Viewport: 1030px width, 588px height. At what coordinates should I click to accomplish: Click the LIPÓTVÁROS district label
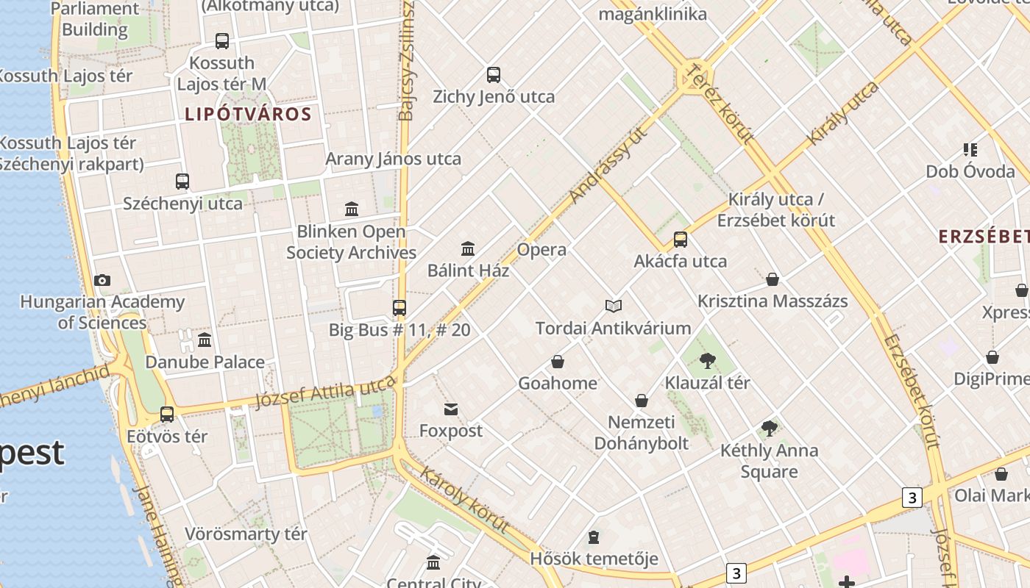point(248,115)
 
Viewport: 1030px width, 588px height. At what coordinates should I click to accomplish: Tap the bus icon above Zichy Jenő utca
point(493,75)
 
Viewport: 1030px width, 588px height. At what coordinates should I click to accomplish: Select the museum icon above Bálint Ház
point(468,248)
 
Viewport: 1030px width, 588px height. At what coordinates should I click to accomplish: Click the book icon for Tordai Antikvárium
point(613,306)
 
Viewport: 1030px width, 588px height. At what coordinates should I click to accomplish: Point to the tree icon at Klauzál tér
point(707,361)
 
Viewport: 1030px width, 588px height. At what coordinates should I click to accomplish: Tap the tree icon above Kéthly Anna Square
point(769,429)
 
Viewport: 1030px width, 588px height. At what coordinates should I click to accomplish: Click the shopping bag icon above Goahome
point(558,362)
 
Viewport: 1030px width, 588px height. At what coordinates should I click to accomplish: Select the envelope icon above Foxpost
point(450,409)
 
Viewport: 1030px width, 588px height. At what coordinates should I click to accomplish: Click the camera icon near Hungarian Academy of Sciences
point(102,280)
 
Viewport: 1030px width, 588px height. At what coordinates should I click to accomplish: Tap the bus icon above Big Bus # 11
point(399,308)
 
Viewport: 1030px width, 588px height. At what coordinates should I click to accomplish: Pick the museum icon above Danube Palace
point(205,340)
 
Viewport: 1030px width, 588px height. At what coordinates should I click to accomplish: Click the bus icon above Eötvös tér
point(167,414)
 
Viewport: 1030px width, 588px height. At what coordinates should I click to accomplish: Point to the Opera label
point(541,250)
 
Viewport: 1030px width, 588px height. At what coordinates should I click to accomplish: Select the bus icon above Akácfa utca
point(681,240)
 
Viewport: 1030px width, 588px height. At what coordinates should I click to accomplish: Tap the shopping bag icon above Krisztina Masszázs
point(772,279)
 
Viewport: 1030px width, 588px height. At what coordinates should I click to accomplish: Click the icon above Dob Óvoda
point(970,150)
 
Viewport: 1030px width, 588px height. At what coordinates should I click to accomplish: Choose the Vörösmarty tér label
point(246,534)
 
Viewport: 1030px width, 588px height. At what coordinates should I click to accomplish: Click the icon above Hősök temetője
point(594,537)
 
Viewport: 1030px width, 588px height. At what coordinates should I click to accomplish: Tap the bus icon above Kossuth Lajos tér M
point(221,41)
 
